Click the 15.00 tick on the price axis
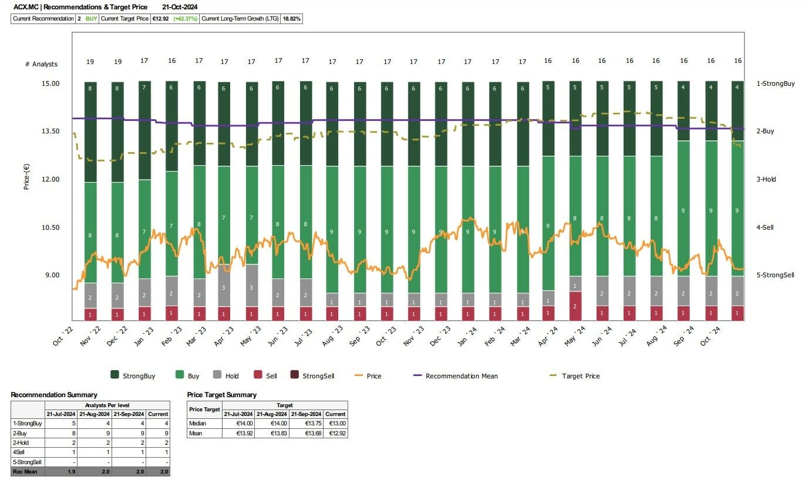click(50, 83)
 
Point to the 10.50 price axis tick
click(50, 227)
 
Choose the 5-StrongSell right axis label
click(775, 275)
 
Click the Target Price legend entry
click(580, 376)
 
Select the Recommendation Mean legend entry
click(461, 376)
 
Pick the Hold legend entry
click(232, 375)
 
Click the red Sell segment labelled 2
click(575, 306)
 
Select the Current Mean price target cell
click(335, 433)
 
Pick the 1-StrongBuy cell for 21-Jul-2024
click(61, 423)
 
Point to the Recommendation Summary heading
click(54, 395)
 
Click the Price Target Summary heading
click(222, 395)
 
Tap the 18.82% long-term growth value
click(292, 19)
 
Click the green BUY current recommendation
click(91, 19)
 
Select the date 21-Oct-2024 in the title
click(180, 7)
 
